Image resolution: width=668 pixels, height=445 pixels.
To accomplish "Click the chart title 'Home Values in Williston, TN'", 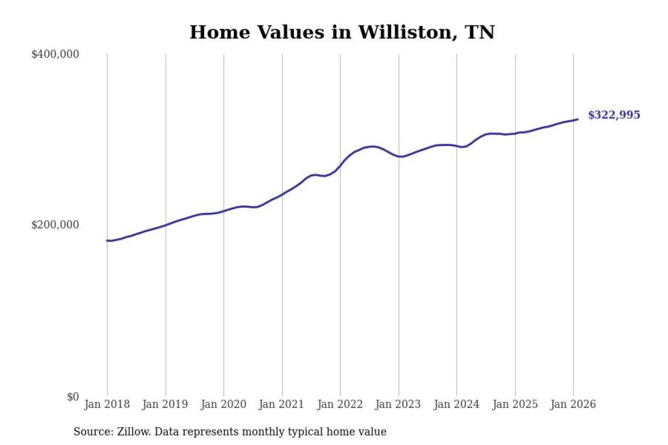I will coord(342,32).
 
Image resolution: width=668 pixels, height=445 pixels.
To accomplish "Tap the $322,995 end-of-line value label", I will coord(614,115).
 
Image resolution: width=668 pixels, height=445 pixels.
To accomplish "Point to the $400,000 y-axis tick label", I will coord(55,54).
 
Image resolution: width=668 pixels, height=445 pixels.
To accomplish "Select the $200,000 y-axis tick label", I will coord(55,225).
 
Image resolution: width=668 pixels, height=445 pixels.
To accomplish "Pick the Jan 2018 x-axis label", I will coord(107,404).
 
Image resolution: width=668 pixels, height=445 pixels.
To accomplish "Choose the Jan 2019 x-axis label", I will coord(165,404).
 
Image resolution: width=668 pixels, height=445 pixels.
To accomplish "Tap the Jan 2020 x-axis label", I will coord(224,404).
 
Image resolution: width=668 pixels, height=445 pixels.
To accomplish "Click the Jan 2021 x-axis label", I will coord(282,404).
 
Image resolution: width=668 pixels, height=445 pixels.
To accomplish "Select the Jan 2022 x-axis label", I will coord(340,404).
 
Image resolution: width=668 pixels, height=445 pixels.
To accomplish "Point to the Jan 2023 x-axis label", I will coord(399,404).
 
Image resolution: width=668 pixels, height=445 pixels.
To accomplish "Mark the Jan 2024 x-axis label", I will coord(457,404).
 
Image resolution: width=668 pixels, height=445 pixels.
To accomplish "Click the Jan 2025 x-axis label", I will coord(515,404).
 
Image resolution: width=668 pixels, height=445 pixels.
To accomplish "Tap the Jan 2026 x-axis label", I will coord(573,404).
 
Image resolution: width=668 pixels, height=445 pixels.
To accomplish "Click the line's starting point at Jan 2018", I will coord(108,240).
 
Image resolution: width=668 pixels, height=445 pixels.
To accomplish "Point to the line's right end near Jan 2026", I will coord(577,119).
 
